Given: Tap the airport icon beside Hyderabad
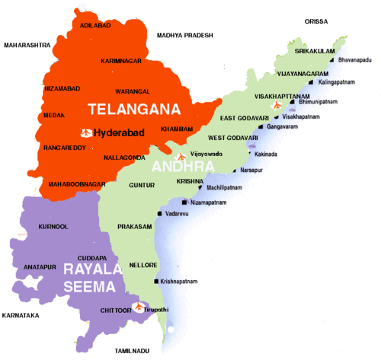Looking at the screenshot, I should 87,133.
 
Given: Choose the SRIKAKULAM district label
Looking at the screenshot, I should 310,51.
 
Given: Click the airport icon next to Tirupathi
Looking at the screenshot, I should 138,307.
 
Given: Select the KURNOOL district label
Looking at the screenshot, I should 53,227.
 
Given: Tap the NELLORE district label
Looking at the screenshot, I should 143,265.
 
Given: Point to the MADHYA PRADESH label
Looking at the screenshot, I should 186,36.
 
